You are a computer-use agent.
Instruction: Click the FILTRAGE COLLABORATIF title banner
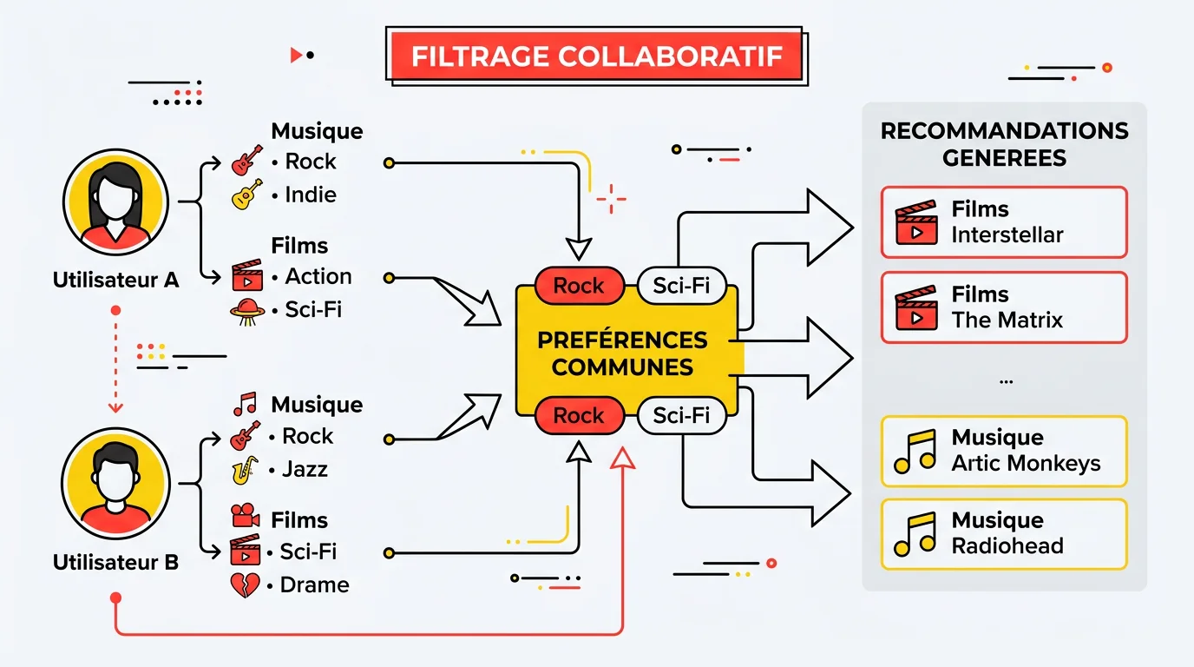596,56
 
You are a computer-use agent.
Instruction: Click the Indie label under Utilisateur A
311,195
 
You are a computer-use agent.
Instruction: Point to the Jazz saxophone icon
245,470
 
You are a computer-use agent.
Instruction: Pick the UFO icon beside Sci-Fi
246,310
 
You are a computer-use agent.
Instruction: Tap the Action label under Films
318,276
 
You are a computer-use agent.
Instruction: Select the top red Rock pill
579,287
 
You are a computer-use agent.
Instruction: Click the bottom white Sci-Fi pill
681,416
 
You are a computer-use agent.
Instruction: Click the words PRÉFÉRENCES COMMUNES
622,353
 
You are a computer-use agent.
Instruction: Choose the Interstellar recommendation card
1004,222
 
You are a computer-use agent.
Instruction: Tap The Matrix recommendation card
1004,307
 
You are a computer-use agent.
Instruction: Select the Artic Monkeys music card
1004,451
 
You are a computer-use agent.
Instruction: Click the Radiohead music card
1004,533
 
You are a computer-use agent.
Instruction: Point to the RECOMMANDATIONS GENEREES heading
1004,144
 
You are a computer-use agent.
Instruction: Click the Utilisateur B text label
115,562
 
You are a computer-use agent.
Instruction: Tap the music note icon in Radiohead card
915,534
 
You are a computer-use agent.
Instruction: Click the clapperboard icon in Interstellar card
916,223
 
